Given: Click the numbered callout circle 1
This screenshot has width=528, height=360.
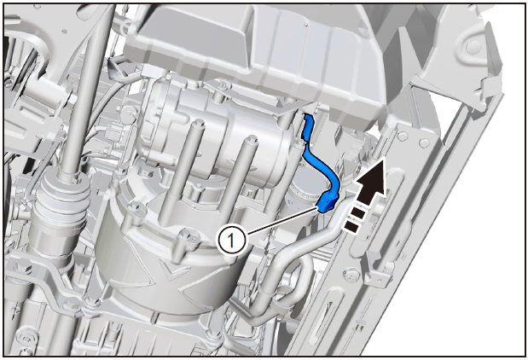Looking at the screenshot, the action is [x=231, y=241].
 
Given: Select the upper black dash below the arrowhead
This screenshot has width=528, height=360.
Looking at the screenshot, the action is [x=357, y=213].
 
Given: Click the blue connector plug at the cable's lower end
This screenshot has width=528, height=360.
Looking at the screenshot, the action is [x=327, y=205].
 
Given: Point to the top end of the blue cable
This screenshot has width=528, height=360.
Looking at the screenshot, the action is [x=307, y=117].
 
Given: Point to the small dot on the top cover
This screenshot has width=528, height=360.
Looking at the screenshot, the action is [x=305, y=24].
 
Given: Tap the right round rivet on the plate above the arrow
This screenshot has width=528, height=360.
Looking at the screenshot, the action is [x=424, y=142].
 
